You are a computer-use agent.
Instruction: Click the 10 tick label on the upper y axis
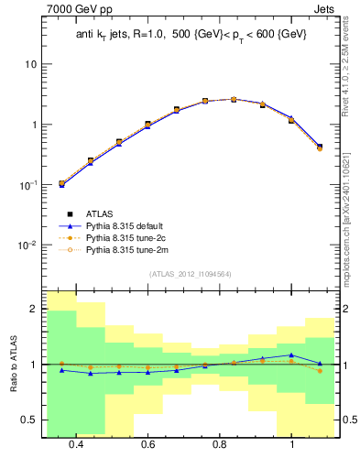click(32, 65)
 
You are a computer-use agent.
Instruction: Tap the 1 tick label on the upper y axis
click(35, 125)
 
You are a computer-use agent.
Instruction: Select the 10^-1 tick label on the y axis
click(30, 184)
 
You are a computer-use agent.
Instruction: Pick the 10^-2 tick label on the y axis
click(30, 245)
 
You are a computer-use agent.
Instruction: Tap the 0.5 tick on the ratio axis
click(30, 420)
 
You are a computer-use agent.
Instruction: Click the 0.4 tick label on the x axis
click(76, 444)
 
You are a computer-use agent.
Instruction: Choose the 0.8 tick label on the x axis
click(220, 444)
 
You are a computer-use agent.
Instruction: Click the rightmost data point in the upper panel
click(319, 147)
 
